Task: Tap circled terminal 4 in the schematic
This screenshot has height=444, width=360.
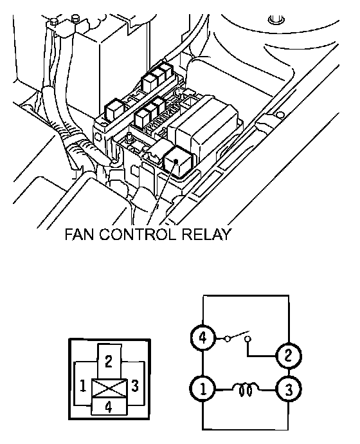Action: [x=203, y=338]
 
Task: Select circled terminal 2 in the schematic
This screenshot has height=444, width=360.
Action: [x=288, y=356]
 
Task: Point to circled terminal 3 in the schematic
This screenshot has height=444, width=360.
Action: [x=288, y=390]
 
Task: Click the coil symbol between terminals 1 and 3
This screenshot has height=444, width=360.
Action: [x=246, y=389]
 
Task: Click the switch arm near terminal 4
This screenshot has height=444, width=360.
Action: [x=238, y=335]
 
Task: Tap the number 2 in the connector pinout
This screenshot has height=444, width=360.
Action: [x=109, y=362]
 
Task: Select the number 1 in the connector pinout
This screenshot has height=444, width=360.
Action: [x=82, y=385]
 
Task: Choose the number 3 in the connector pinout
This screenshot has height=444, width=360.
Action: [x=135, y=385]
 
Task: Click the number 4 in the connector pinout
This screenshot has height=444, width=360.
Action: [x=109, y=407]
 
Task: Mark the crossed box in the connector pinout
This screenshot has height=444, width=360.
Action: [x=109, y=388]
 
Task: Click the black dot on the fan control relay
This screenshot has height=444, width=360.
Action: [x=176, y=161]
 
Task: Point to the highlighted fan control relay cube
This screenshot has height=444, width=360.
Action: [x=178, y=162]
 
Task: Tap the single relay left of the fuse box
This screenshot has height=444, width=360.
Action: [x=114, y=109]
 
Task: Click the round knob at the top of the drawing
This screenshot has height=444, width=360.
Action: [x=276, y=20]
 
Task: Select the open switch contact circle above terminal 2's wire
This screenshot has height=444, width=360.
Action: [x=248, y=338]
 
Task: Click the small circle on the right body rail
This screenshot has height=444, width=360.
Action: [x=280, y=115]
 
